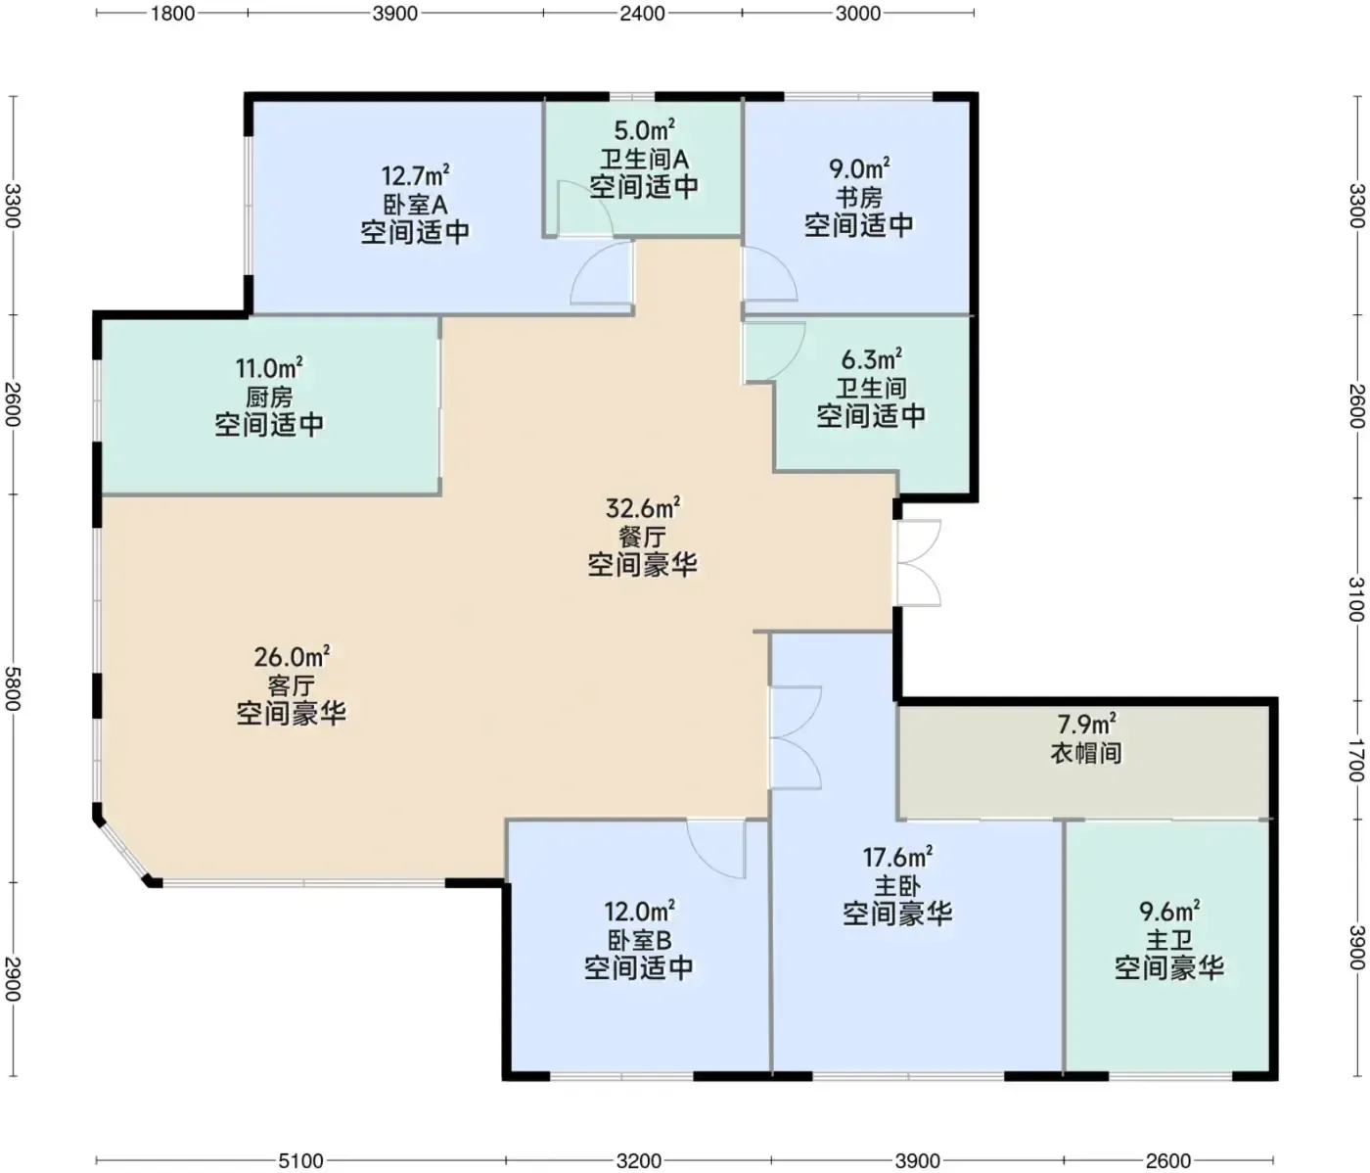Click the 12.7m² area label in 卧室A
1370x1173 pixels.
pyautogui.click(x=416, y=175)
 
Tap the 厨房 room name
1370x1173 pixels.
pyautogui.click(x=269, y=398)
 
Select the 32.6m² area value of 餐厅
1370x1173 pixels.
pyautogui.click(x=643, y=508)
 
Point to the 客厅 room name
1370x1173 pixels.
pyautogui.click(x=292, y=685)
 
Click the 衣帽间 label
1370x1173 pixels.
pyautogui.click(x=1086, y=753)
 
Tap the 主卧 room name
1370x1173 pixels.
pyautogui.click(x=897, y=886)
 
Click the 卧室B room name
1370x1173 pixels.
pyautogui.click(x=640, y=940)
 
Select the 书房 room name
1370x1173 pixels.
pyautogui.click(x=859, y=197)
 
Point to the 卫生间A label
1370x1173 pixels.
pyautogui.click(x=644, y=160)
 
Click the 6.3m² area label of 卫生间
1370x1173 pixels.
pyautogui.click(x=872, y=359)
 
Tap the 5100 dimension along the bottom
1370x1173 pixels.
pyautogui.click(x=300, y=1160)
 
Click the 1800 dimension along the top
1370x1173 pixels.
pyautogui.click(x=172, y=14)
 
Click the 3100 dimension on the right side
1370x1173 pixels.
pyautogui.click(x=1356, y=599)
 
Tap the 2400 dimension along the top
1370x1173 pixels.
pyautogui.click(x=642, y=14)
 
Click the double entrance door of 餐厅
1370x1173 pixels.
pyautogui.click(x=918, y=563)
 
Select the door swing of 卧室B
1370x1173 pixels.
pyautogui.click(x=715, y=849)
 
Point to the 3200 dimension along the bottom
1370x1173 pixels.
pyautogui.click(x=639, y=1160)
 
